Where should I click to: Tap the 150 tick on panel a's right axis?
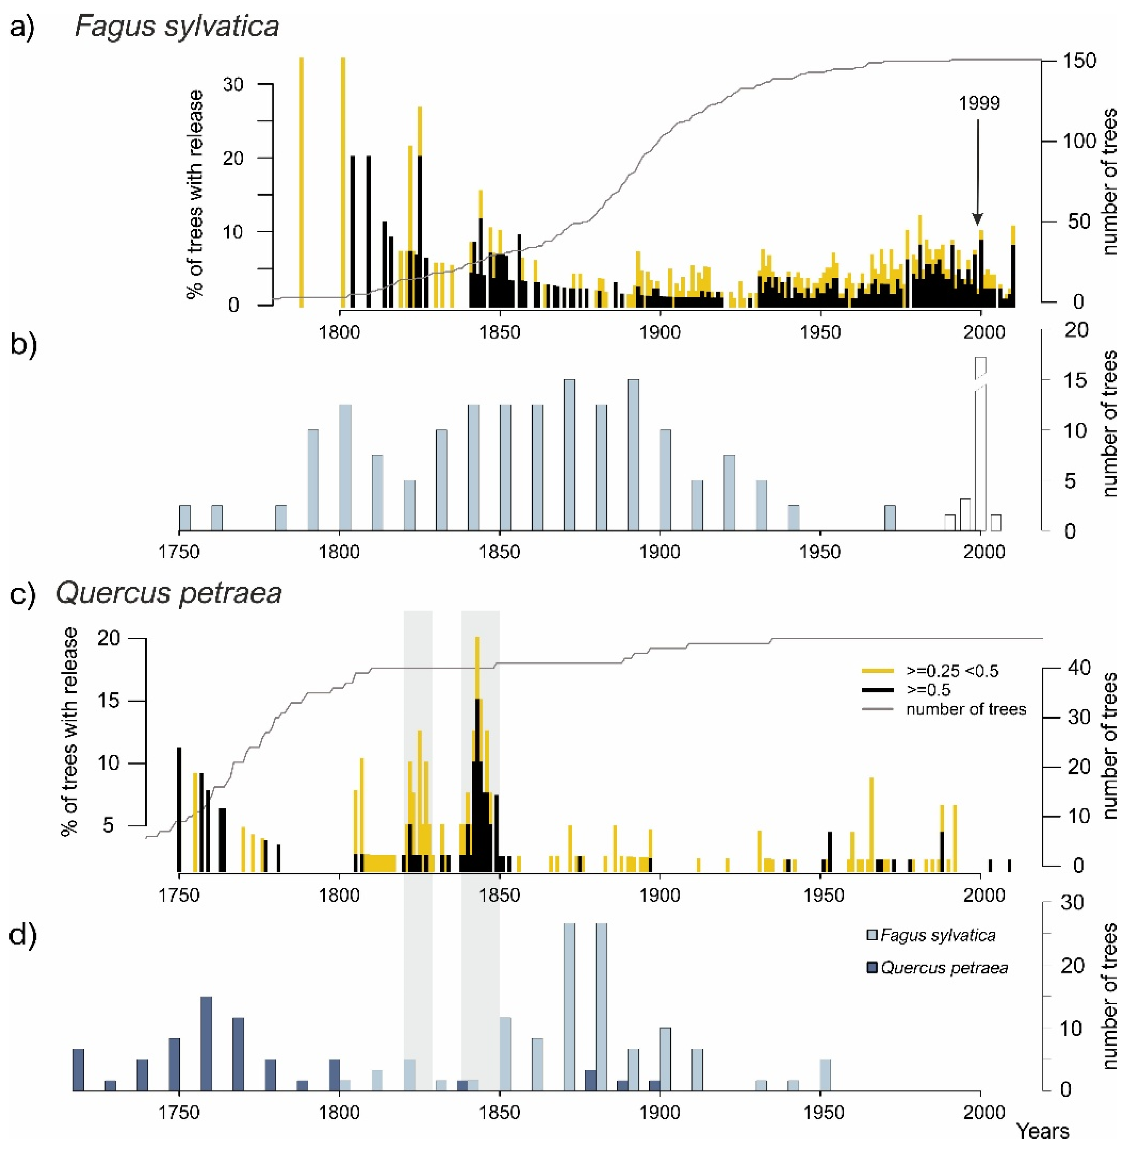tap(1078, 60)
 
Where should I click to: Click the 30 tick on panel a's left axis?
tap(233, 85)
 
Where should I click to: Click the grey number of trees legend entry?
tap(966, 709)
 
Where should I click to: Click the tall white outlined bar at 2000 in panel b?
tap(981, 445)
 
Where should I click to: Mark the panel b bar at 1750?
tap(185, 518)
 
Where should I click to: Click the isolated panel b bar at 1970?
tap(890, 518)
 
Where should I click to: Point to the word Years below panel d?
tap(1043, 1131)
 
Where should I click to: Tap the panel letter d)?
tap(24, 935)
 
